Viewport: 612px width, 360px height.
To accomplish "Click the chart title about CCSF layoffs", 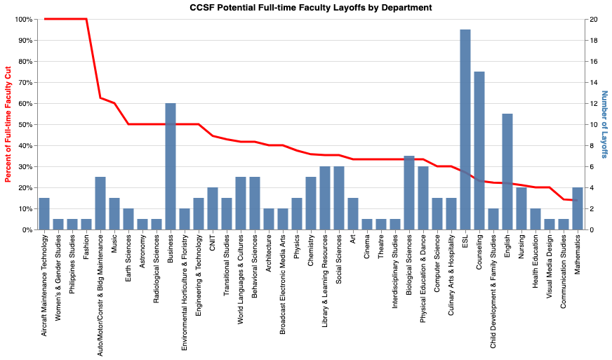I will click(311, 7).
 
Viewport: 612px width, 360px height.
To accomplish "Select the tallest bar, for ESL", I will click(465, 130).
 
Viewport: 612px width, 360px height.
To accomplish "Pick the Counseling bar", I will click(479, 151).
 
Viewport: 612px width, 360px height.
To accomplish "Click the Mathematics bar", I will click(577, 208).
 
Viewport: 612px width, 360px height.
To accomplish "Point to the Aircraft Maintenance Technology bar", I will click(44, 214).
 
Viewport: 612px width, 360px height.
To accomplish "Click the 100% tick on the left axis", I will click(22, 19).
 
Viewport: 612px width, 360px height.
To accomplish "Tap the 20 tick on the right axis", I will click(594, 19).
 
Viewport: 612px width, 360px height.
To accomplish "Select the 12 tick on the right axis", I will click(594, 103).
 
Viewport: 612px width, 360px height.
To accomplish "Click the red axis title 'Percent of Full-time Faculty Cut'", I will click(8, 124).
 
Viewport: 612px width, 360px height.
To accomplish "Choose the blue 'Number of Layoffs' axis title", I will click(604, 124).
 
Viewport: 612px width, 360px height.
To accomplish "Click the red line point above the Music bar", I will click(114, 103).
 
